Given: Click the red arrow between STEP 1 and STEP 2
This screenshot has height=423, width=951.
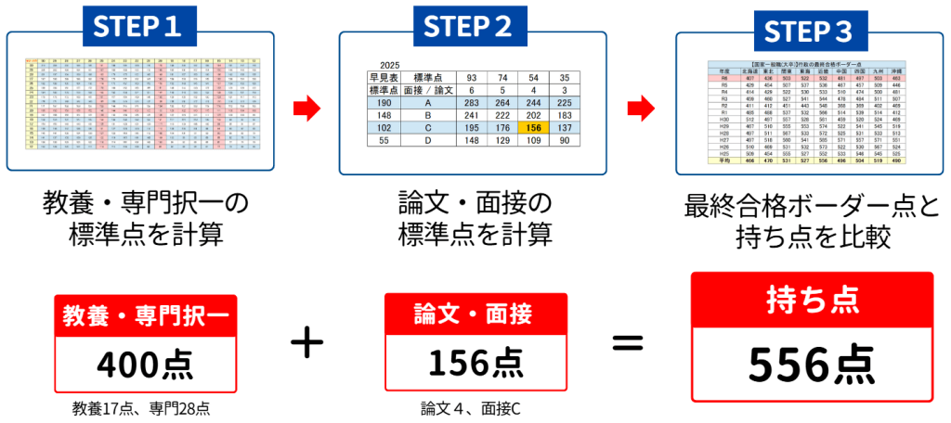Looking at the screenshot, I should [x=306, y=111].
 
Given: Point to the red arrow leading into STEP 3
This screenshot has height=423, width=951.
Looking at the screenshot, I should [x=642, y=111].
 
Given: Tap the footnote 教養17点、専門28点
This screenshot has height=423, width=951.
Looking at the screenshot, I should [x=146, y=406].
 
